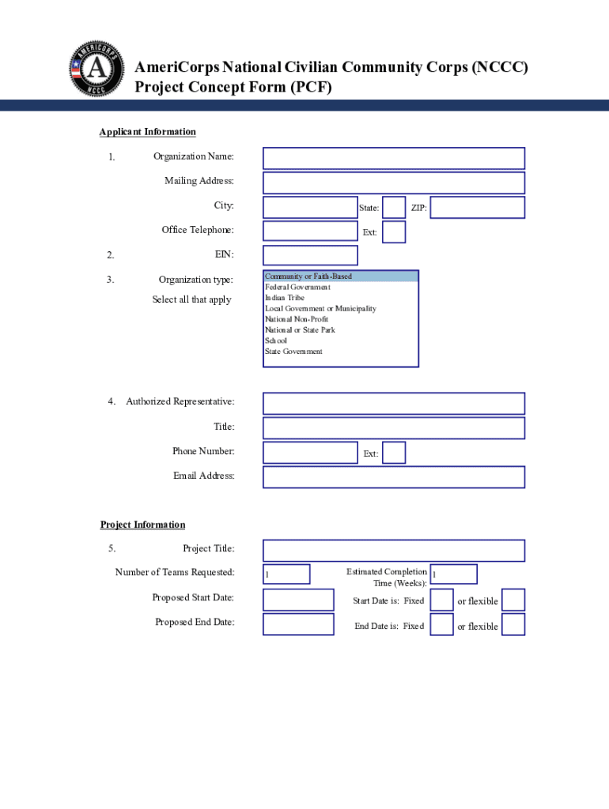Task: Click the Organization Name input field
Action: pyautogui.click(x=393, y=158)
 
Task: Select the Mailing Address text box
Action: pyautogui.click(x=393, y=182)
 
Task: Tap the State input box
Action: pyautogui.click(x=394, y=208)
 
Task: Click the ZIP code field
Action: pyautogui.click(x=477, y=208)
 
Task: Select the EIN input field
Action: pyautogui.click(x=310, y=255)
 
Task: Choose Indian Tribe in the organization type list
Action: pyautogui.click(x=285, y=298)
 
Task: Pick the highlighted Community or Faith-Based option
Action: pyautogui.click(x=308, y=277)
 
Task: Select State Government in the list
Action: pyautogui.click(x=293, y=352)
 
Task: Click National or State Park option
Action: pyautogui.click(x=300, y=330)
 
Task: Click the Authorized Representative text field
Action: pyautogui.click(x=393, y=404)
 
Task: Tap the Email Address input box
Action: pyautogui.click(x=393, y=477)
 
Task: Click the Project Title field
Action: pyautogui.click(x=393, y=550)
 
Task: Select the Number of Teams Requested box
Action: pyautogui.click(x=286, y=574)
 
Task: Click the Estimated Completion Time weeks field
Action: pyautogui.click(x=453, y=574)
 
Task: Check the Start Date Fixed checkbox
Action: pyautogui.click(x=441, y=600)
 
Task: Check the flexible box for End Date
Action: pyautogui.click(x=513, y=625)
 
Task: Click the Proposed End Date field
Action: pyautogui.click(x=298, y=624)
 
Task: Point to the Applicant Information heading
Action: pyautogui.click(x=147, y=132)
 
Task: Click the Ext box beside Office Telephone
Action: pyautogui.click(x=394, y=232)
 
